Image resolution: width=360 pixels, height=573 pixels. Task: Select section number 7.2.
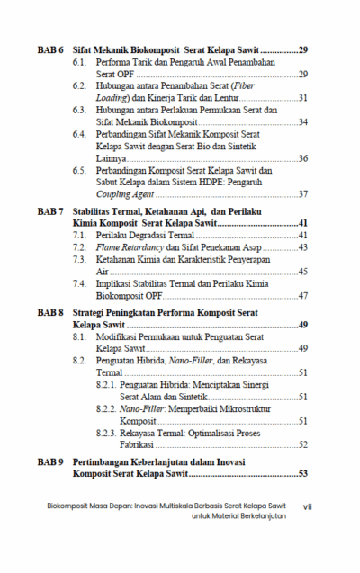(x=79, y=246)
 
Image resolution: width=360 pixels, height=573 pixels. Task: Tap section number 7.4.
(x=79, y=282)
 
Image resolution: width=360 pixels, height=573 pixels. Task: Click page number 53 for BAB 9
(x=302, y=473)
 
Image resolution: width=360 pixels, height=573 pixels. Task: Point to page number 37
(x=303, y=194)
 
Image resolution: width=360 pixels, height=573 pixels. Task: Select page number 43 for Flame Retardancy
(x=303, y=246)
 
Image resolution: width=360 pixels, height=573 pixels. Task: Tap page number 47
(x=303, y=295)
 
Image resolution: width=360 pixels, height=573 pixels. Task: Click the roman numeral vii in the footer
(x=308, y=506)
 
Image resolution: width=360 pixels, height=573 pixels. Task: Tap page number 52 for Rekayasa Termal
(x=303, y=444)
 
